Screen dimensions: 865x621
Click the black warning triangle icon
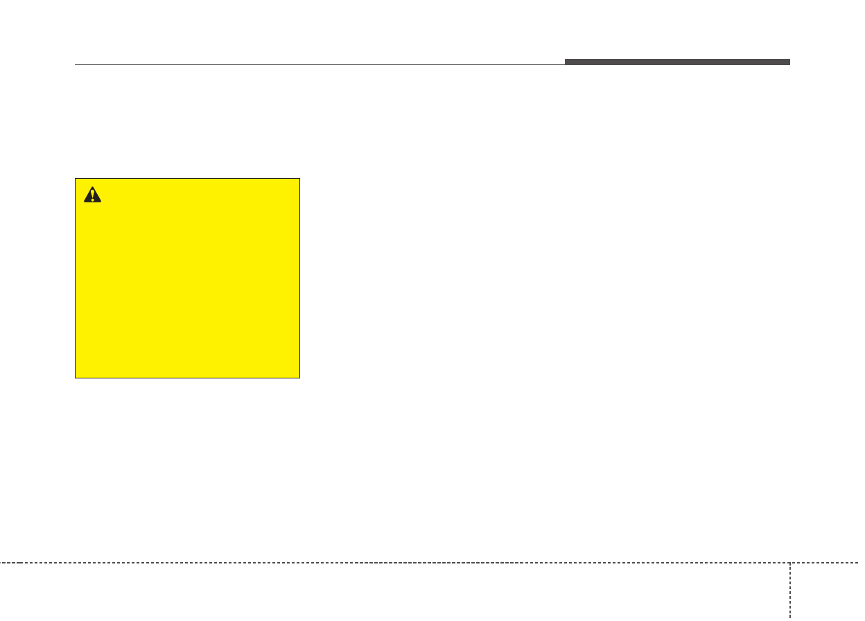92,195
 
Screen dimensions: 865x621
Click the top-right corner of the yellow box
299,179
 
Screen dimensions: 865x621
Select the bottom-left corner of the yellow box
76,378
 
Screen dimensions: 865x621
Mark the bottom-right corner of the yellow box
299,378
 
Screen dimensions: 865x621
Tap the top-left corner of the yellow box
76,179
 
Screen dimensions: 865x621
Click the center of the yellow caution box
187,278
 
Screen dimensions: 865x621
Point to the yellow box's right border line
299,278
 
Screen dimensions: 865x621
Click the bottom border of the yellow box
187,378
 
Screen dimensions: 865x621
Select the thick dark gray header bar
677,62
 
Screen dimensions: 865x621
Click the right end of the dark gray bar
789,62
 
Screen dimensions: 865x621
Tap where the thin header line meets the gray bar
565,64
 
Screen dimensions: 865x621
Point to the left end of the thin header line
75,65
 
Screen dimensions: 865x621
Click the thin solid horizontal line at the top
319,65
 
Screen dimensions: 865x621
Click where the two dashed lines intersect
789,562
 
